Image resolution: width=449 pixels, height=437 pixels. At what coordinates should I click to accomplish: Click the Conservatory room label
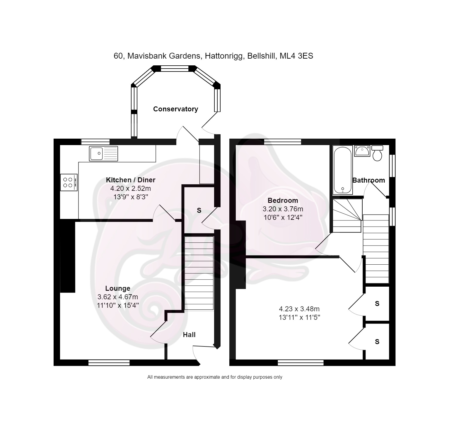click(x=175, y=109)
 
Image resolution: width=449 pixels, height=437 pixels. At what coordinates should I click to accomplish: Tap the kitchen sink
click(x=103, y=153)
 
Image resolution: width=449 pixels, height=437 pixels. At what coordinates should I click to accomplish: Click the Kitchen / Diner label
click(x=130, y=180)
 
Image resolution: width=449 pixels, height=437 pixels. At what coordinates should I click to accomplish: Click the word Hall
click(x=189, y=335)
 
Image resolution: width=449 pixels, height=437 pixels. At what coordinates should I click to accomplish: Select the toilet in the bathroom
click(x=377, y=153)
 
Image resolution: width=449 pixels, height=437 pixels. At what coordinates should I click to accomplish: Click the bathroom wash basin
click(x=362, y=151)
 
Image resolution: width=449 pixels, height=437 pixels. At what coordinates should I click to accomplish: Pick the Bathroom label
click(x=368, y=180)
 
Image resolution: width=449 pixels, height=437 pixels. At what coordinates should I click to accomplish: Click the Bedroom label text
click(x=283, y=200)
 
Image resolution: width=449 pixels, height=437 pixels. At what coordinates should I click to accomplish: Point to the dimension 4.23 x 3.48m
click(x=299, y=309)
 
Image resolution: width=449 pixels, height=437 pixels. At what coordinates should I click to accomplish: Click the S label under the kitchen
click(x=199, y=210)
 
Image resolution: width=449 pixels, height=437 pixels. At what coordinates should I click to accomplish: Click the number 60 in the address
click(x=118, y=56)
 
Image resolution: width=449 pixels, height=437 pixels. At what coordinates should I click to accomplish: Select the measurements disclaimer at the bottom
click(x=214, y=377)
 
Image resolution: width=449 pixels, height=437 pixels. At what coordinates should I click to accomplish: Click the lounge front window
click(x=109, y=363)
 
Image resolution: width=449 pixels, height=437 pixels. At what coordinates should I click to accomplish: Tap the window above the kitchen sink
click(x=95, y=142)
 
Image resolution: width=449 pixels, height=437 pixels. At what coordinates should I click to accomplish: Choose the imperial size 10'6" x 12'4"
click(x=283, y=217)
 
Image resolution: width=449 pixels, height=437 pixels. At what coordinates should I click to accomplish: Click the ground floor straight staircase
click(x=199, y=273)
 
